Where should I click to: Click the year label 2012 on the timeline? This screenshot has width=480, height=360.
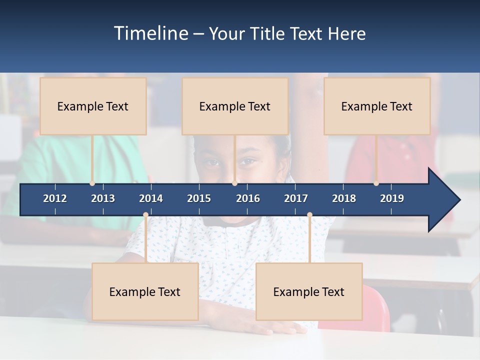55,198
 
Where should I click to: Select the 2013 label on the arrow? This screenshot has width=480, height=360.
103,198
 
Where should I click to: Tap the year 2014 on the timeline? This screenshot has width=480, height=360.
151,198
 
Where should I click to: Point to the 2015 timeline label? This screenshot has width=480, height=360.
199,198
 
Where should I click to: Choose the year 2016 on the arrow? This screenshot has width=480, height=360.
248,198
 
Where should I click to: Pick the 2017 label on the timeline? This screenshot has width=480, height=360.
296,198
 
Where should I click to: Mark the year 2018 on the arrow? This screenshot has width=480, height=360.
344,198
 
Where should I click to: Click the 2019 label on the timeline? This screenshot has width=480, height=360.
392,198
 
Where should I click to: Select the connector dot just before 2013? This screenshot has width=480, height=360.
92,183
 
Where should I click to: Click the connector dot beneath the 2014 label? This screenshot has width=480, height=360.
145,215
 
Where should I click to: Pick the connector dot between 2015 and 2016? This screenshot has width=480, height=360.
234,183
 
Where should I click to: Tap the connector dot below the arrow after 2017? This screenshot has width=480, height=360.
309,215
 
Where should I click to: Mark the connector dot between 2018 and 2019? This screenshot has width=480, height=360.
376,183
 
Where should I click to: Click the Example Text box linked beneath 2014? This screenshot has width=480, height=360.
145,291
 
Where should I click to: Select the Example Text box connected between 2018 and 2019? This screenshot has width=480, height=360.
377,106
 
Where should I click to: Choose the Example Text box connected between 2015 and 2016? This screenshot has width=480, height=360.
235,106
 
